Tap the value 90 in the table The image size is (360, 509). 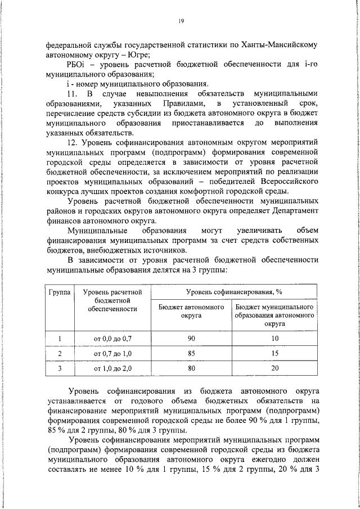191,337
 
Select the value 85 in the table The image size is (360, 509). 191,353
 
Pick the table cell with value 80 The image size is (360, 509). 191,368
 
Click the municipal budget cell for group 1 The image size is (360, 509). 274,337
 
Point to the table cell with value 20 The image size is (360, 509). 274,368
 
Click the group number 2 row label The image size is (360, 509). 59,353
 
